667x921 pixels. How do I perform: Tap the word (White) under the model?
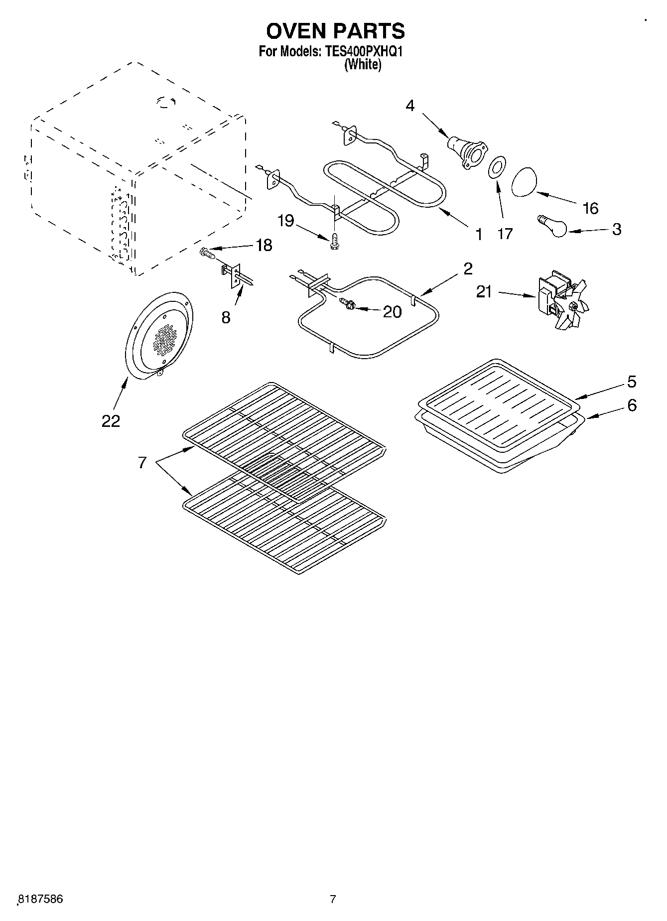[363, 64]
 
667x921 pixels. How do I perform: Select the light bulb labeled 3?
[552, 226]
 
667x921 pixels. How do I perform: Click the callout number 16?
[590, 208]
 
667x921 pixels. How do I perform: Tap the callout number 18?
[264, 245]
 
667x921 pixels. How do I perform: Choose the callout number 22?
[111, 421]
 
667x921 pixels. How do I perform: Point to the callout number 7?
[142, 463]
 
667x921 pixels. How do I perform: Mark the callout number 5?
[631, 382]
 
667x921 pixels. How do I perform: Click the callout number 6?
[631, 405]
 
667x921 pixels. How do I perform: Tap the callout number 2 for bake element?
[467, 268]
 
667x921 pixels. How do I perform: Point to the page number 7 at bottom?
[333, 899]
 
